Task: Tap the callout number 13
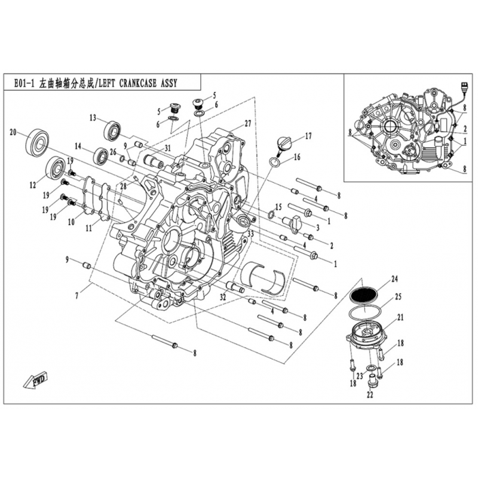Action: coord(93,117)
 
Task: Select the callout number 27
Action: coord(247,123)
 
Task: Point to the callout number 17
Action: coord(308,136)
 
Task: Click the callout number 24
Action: coord(394,278)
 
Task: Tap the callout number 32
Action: coord(222,297)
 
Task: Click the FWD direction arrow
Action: coord(35,381)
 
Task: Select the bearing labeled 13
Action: coord(112,130)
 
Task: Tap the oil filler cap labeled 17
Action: coord(284,143)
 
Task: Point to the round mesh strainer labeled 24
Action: coord(366,295)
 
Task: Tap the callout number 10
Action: coord(71,222)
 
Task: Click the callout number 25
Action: coord(398,296)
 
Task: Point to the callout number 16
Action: coord(297,157)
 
